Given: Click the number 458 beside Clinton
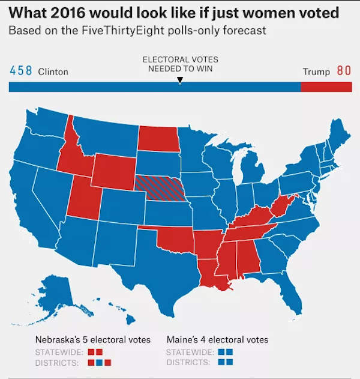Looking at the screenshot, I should point(22,71).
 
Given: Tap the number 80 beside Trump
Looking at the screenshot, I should point(343,71).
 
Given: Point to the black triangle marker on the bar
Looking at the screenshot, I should point(180,80).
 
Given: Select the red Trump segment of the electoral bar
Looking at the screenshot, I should point(326,87).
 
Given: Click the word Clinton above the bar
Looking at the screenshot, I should point(53,71).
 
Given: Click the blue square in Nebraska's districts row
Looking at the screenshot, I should point(100,362).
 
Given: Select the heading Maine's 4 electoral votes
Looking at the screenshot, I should point(217,340).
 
